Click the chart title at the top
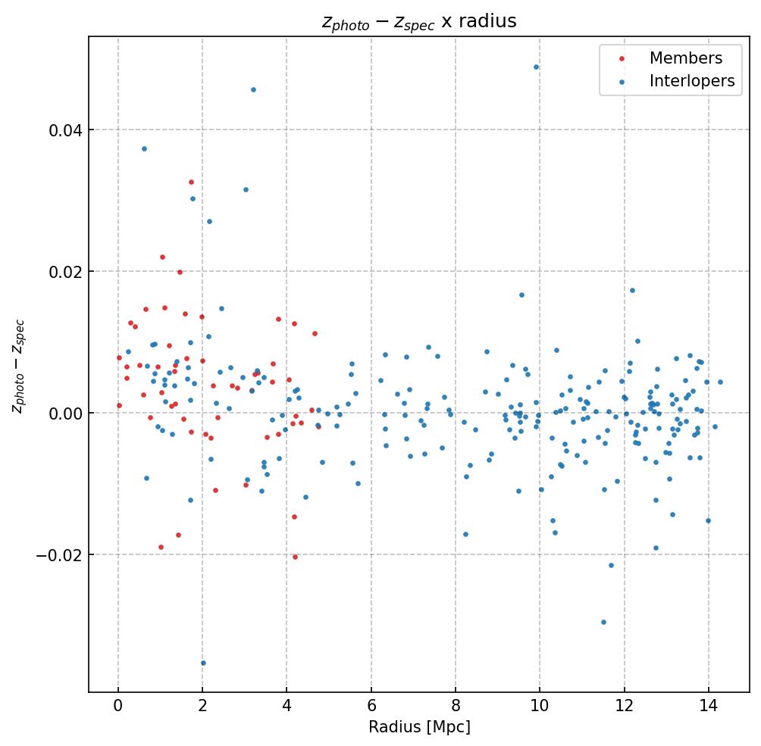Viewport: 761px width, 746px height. (x=418, y=21)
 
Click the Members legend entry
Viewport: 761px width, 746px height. (x=685, y=58)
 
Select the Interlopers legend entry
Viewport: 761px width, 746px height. (x=691, y=81)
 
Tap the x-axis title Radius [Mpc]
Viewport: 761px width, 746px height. (x=419, y=727)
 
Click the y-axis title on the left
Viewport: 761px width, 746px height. (x=18, y=366)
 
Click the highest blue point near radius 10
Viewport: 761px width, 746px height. (x=536, y=67)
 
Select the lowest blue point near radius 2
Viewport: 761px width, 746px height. (x=203, y=663)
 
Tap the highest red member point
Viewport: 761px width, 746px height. (x=191, y=182)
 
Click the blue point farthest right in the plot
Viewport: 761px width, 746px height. (x=720, y=382)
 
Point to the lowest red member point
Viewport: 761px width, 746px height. (x=295, y=557)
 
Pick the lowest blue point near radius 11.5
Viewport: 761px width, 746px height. (x=603, y=622)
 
